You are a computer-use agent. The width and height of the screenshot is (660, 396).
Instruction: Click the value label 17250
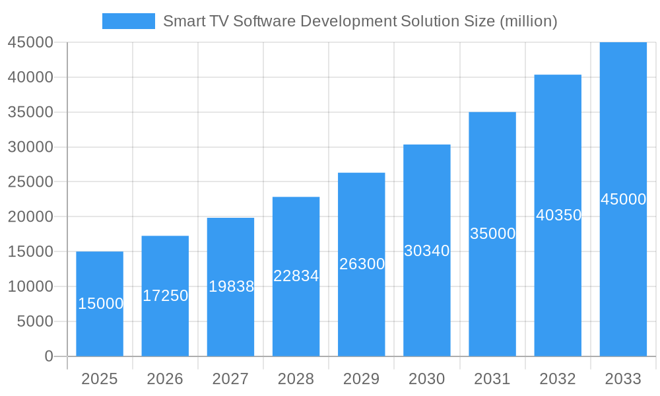tap(166, 296)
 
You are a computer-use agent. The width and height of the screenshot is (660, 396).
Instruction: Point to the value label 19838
tap(231, 286)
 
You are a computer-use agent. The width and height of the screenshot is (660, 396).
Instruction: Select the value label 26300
tap(362, 264)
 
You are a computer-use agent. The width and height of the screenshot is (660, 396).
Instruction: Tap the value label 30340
tap(427, 251)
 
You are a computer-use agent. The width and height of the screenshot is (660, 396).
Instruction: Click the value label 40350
tap(558, 215)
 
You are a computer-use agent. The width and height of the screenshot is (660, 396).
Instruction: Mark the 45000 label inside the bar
tap(623, 199)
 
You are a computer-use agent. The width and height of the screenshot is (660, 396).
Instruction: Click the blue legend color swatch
tap(129, 21)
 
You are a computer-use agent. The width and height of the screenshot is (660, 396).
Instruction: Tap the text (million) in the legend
tap(528, 21)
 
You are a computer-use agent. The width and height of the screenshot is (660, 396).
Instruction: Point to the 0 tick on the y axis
tap(49, 356)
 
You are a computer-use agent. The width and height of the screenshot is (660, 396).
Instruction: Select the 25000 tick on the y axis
tap(30, 181)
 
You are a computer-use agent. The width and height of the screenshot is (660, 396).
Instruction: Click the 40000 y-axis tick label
tap(30, 77)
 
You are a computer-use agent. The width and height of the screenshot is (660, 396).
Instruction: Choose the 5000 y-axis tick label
tap(34, 321)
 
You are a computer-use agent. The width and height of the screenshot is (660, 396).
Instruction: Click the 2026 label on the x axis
tap(165, 379)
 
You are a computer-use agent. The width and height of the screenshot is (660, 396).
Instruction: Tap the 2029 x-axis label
tap(362, 379)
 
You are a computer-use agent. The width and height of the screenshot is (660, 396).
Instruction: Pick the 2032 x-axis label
tap(558, 379)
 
